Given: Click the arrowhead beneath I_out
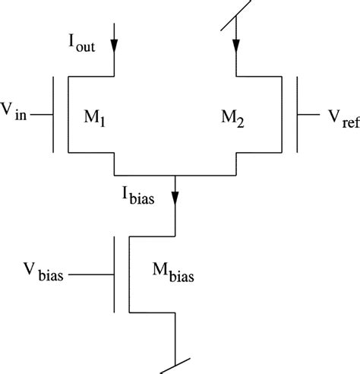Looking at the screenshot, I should pyautogui.click(x=114, y=46).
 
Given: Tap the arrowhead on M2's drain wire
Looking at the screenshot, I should pyautogui.click(x=238, y=46).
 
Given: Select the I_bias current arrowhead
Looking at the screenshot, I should pyautogui.click(x=176, y=197).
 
